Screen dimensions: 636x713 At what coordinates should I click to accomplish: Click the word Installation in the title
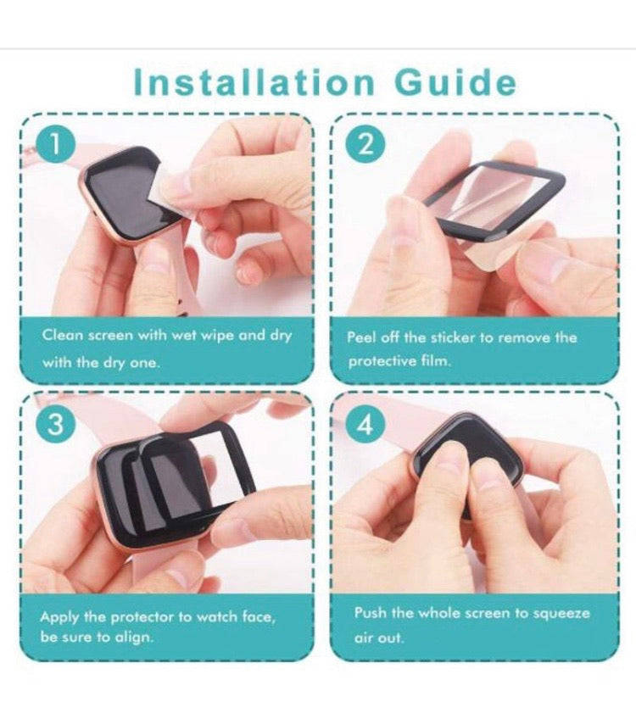tap(254, 83)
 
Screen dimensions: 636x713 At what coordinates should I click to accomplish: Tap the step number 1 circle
tap(54, 143)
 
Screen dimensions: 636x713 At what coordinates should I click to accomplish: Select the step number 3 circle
tap(55, 425)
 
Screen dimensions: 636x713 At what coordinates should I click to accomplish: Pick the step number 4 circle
tap(365, 425)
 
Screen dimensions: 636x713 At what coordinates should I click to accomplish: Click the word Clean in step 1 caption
tap(63, 335)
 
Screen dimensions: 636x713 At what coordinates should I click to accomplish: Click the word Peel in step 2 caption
tap(362, 337)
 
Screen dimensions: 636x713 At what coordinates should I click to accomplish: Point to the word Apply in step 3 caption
tap(59, 618)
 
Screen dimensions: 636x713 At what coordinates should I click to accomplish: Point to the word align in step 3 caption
tap(133, 638)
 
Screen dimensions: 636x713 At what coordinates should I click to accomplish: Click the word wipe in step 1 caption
tap(218, 336)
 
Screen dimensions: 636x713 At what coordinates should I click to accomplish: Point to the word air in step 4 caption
tap(365, 638)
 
